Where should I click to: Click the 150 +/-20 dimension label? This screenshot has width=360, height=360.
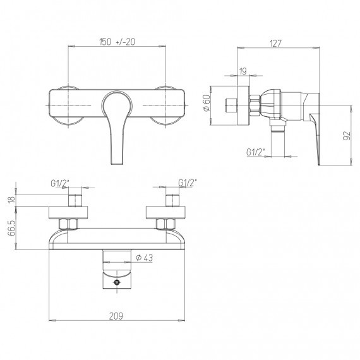coord(117,42)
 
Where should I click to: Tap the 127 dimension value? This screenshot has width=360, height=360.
coord(275,43)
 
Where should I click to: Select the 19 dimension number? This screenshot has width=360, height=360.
coord(243,71)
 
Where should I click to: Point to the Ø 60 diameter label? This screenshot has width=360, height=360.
coord(207,102)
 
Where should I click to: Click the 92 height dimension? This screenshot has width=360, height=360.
coord(347,135)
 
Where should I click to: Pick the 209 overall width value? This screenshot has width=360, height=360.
coord(116,316)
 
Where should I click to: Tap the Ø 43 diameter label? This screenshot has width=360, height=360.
coord(144,258)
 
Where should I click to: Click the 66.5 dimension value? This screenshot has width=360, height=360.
coord(11,228)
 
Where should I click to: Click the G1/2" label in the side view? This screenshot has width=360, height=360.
coord(256,152)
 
